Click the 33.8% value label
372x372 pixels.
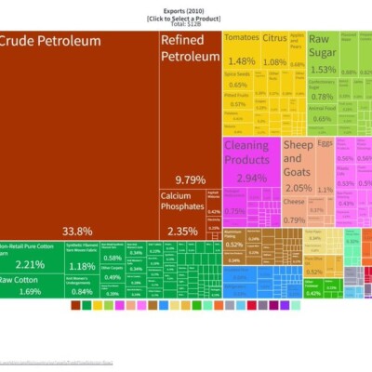pyautogui.click(x=77, y=231)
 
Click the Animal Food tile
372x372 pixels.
pyautogui.click(x=322, y=113)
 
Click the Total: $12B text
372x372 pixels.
pyautogui.click(x=185, y=23)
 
